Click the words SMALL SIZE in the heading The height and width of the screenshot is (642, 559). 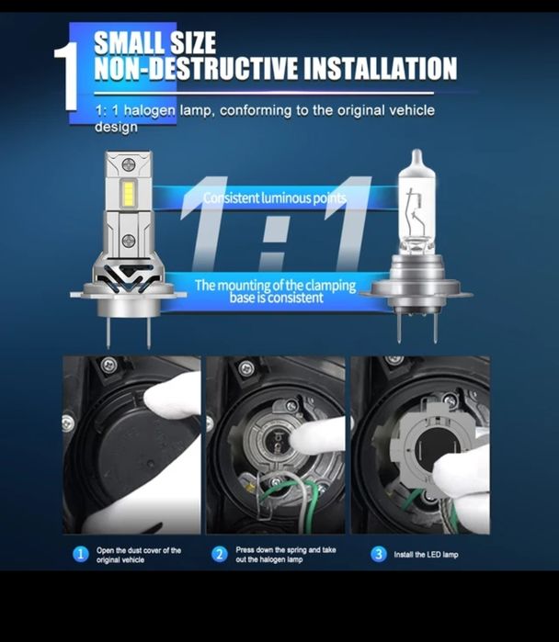click(154, 42)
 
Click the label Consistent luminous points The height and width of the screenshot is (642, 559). click(274, 197)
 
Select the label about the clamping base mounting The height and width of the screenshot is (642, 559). click(274, 291)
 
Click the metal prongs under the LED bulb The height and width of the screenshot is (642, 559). click(128, 329)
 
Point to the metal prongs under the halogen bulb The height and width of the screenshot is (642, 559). click(414, 327)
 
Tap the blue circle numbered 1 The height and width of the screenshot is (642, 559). click(80, 554)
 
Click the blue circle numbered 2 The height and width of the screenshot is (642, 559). click(219, 554)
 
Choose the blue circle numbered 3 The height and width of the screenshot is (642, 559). click(378, 554)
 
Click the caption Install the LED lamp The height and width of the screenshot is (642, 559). click(426, 555)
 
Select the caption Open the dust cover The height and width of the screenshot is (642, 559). click(138, 554)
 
